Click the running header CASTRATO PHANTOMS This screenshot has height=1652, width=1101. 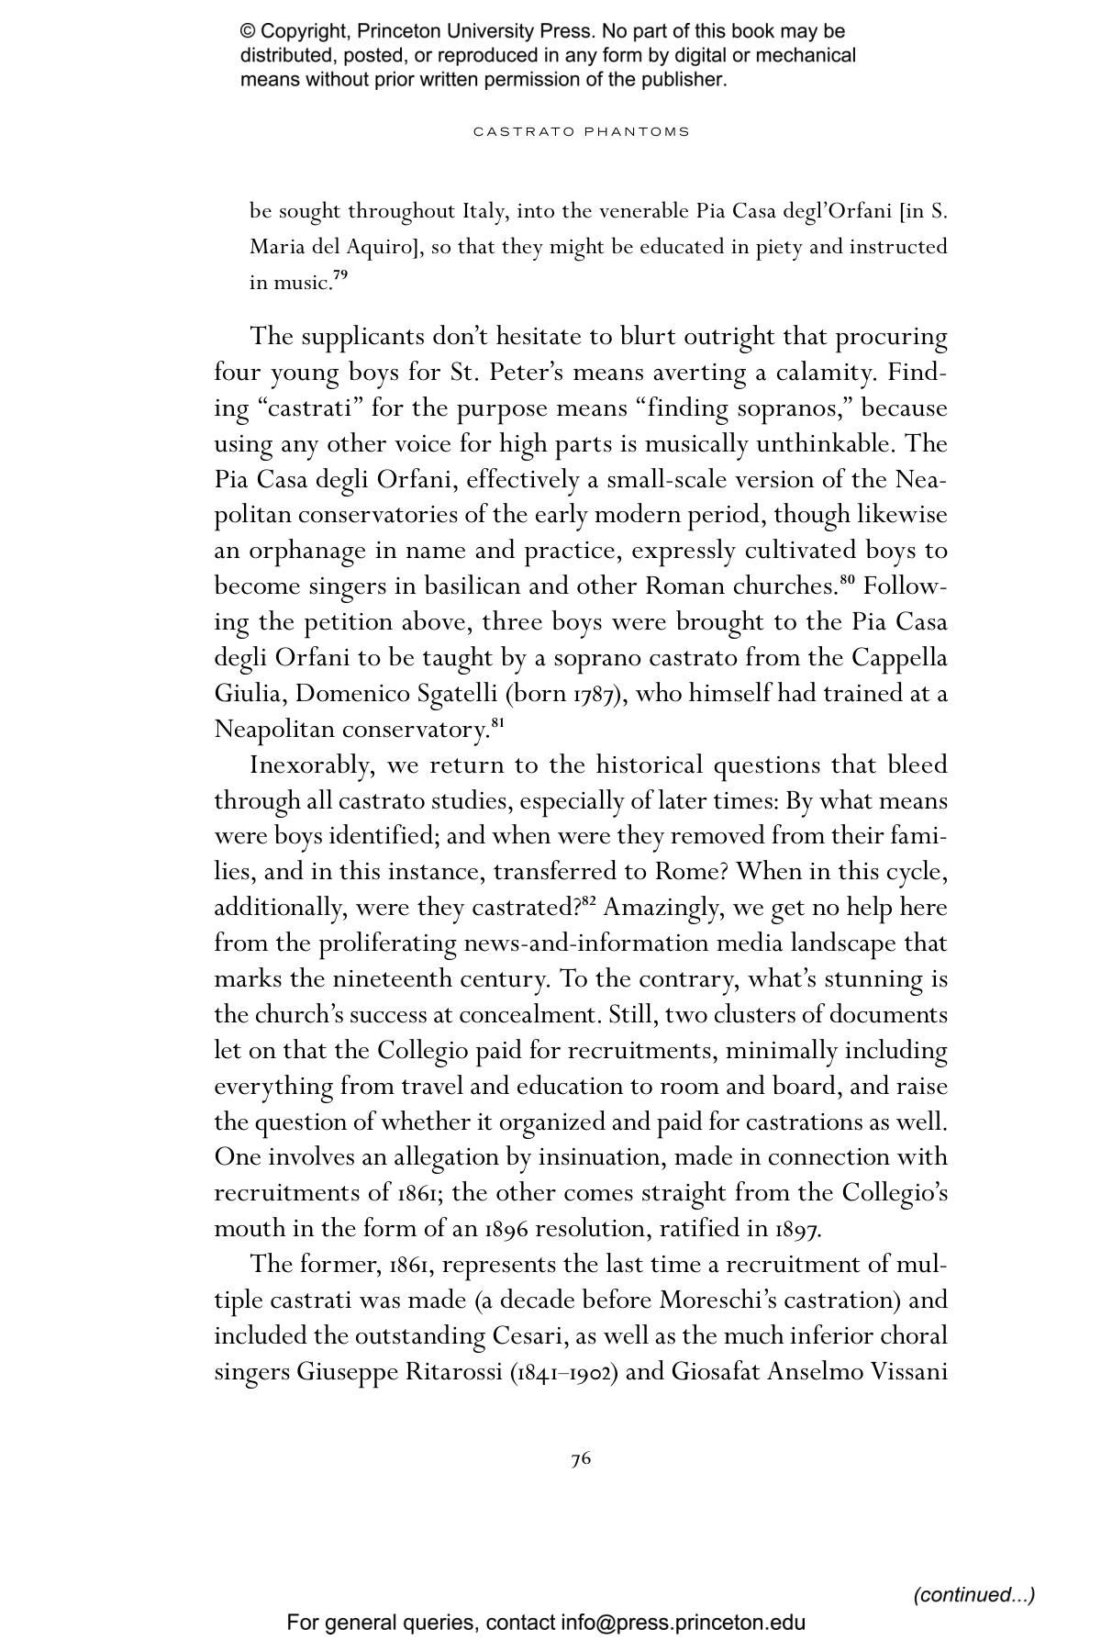[581, 131]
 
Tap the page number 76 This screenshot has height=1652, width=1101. [581, 1458]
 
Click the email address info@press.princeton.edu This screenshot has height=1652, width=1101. [684, 1622]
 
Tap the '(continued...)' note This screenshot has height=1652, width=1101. [973, 1594]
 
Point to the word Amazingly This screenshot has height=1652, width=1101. [662, 908]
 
